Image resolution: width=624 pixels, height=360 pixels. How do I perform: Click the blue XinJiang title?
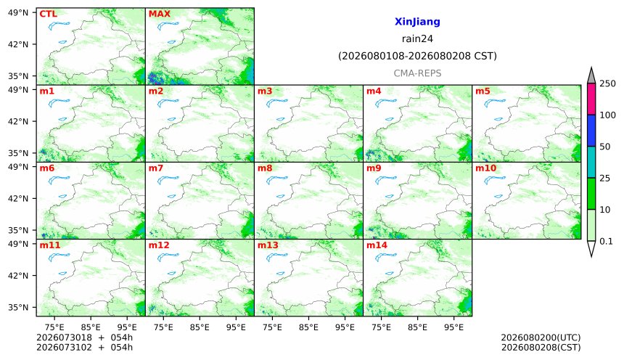(417, 22)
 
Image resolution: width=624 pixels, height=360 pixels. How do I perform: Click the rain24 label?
(417, 38)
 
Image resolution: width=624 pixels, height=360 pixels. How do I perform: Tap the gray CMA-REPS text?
(417, 73)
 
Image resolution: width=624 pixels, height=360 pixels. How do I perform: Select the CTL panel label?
(48, 14)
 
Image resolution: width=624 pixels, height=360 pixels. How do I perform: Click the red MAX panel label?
(159, 14)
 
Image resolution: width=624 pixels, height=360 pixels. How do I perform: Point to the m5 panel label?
(483, 91)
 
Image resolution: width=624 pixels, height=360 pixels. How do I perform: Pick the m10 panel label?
(485, 168)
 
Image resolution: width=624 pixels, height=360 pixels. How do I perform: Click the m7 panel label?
(155, 168)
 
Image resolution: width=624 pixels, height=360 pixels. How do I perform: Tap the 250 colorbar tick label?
(607, 83)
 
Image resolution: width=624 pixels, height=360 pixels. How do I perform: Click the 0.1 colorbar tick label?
(606, 241)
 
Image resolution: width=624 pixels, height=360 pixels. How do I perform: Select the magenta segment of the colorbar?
(591, 99)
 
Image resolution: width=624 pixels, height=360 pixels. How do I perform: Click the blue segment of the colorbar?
(591, 131)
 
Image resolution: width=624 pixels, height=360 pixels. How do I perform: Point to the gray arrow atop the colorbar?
(591, 76)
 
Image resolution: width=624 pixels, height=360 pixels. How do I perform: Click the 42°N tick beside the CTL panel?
(18, 44)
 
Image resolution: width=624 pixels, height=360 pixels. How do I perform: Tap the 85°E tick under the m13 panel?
(308, 327)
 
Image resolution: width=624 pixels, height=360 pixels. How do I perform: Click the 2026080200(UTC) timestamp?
(541, 337)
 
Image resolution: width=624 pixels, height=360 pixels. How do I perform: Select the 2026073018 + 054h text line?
(84, 337)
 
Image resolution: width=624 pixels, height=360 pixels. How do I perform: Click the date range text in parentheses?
(417, 56)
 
